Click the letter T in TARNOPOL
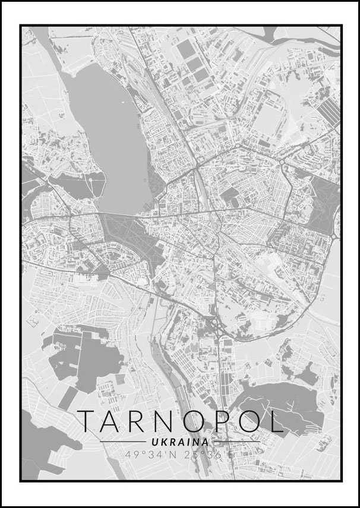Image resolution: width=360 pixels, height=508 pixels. (x=88, y=421)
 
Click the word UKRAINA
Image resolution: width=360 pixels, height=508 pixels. (x=180, y=442)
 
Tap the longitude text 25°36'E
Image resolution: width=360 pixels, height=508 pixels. (x=211, y=455)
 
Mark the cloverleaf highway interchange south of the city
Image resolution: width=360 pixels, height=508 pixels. (x=214, y=326)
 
